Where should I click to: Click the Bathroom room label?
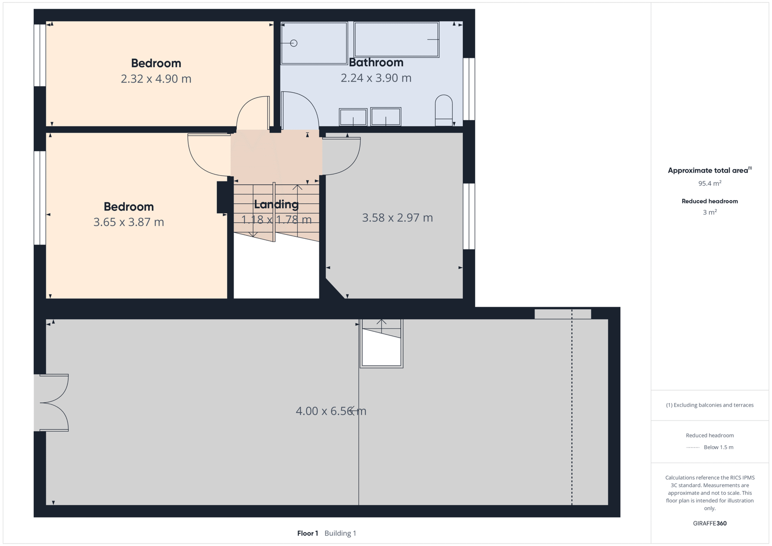click(376, 62)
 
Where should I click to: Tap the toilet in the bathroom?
click(444, 110)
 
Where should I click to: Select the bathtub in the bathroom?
click(396, 39)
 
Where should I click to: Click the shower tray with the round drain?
click(314, 43)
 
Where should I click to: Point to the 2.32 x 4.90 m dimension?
click(156, 79)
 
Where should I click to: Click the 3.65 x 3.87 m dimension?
click(128, 222)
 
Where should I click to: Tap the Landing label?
click(276, 205)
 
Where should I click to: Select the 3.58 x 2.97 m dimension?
click(398, 218)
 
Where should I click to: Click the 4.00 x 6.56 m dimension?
click(331, 411)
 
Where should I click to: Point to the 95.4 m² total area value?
click(710, 183)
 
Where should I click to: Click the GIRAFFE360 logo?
click(710, 523)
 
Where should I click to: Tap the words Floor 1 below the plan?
click(307, 533)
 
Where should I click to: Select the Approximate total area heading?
click(710, 170)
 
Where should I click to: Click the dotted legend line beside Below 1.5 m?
click(693, 448)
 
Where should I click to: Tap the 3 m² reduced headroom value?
click(710, 212)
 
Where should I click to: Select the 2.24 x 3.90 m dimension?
click(376, 78)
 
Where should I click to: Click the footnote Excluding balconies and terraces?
click(710, 405)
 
